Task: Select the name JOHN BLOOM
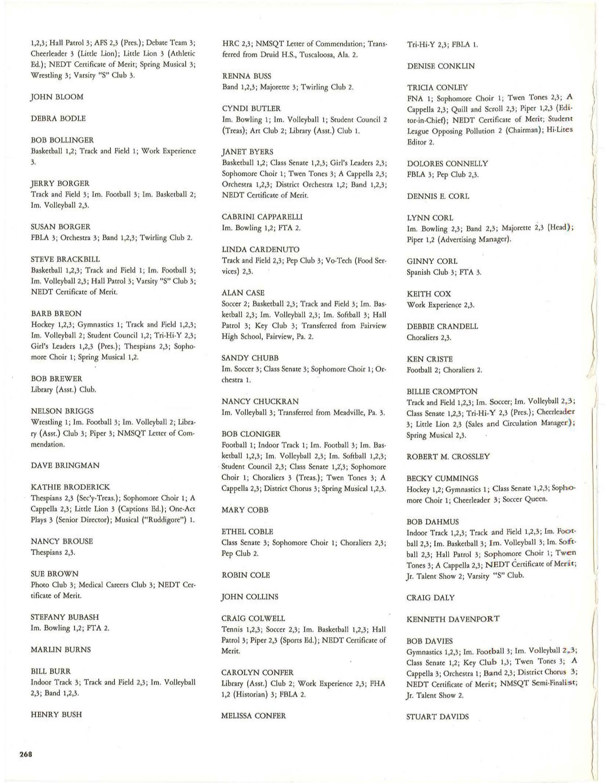point(57,97)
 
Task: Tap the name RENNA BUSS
point(247,76)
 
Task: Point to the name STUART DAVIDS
point(437,716)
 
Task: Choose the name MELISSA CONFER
point(254,715)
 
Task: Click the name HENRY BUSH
point(56,714)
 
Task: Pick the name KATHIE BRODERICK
point(70,487)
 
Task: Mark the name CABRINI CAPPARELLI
point(262,217)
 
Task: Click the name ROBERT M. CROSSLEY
point(448,456)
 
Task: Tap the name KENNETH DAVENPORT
point(453,619)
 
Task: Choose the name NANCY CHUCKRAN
point(260,401)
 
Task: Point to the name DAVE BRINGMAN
point(65,465)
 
